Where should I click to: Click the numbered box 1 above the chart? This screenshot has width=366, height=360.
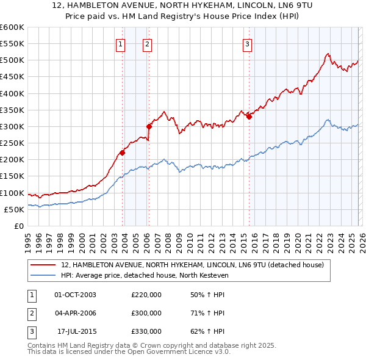click(120, 44)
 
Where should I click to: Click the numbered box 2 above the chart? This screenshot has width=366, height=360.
click(148, 44)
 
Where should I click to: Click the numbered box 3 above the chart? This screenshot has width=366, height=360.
click(247, 44)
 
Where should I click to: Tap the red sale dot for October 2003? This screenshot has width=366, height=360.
click(122, 153)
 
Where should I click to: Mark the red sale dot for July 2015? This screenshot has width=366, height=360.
click(249, 117)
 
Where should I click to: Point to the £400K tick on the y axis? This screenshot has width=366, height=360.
click(12, 93)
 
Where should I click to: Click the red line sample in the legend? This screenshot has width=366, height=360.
click(43, 265)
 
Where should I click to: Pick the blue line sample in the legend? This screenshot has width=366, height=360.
click(43, 276)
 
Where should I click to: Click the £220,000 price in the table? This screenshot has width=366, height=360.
click(146, 295)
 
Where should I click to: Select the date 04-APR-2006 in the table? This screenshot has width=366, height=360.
click(75, 313)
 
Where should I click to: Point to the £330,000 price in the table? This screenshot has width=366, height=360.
click(146, 331)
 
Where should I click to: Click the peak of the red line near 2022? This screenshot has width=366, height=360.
click(328, 54)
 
